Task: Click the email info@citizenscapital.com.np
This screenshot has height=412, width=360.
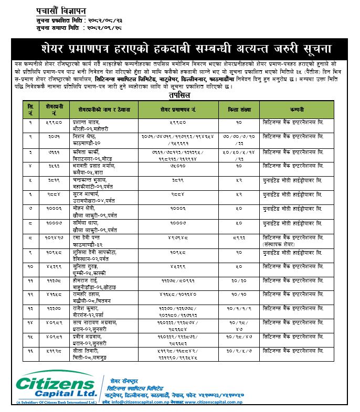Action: [147, 402]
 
